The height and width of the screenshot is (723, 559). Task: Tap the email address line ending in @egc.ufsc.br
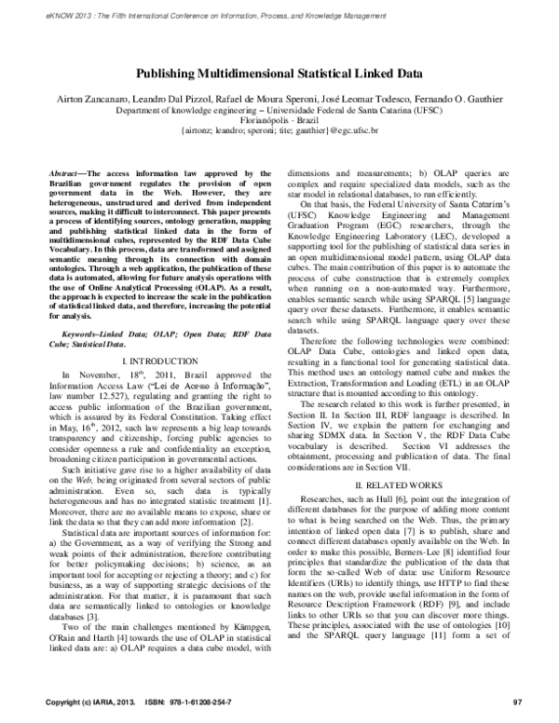[x=279, y=130]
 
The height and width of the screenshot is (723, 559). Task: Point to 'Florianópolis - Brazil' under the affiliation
[x=279, y=119]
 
